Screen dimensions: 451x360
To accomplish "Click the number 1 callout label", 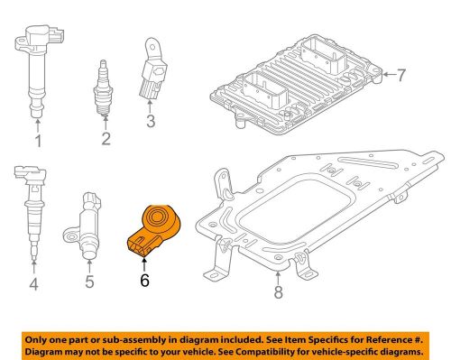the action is pos(38,141).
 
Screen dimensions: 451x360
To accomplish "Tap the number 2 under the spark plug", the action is pos(106,139).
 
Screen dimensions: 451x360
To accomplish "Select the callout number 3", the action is pos(151,121).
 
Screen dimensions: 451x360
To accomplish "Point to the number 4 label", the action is pos(33,284).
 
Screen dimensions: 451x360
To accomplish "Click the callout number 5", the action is pos(89,282).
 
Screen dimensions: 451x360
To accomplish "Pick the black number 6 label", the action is pos(144,281).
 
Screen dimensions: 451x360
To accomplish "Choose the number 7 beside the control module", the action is pos(401,75).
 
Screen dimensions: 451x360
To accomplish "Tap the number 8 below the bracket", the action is pos(278,292).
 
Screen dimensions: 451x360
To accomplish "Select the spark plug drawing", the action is pos(104,88).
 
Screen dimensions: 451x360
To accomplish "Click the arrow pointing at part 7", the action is pos(389,74).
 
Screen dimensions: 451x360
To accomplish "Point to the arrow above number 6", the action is pos(144,265).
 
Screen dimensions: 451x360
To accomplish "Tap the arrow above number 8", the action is pos(278,277).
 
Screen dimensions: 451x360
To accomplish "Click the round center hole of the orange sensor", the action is pos(157,217).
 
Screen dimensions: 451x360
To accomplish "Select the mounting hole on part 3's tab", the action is pos(152,47).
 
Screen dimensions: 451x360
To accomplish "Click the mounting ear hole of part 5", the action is pos(71,236).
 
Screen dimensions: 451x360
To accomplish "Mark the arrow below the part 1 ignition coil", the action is pos(38,125).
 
